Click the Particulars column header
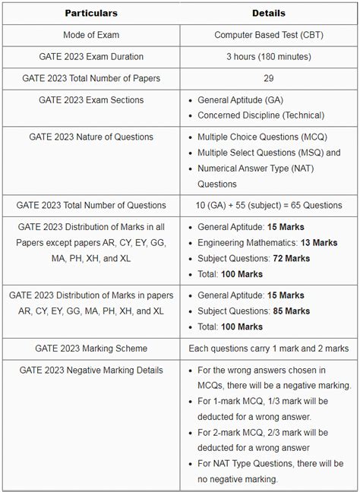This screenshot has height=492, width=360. coord(91,14)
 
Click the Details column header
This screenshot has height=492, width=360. coord(269,14)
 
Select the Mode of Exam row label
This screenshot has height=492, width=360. coord(91,35)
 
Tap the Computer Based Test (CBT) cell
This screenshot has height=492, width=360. coord(269,35)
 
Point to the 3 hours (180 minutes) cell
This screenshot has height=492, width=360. coord(269,57)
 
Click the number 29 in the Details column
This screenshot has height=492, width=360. coord(269,78)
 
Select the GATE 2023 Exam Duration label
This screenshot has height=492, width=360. coord(91,57)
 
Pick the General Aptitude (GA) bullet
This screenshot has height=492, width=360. coord(242,100)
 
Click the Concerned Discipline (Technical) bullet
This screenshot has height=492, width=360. coord(261,115)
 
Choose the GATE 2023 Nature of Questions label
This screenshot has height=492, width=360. coord(91,137)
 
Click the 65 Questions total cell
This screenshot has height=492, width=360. coord(269,205)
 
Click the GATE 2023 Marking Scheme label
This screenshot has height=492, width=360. coord(91,348)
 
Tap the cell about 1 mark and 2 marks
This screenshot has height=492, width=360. coord(269,348)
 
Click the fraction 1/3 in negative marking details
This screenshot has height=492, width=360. coord(276,401)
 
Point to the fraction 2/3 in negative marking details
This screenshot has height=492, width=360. coord(276,432)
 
